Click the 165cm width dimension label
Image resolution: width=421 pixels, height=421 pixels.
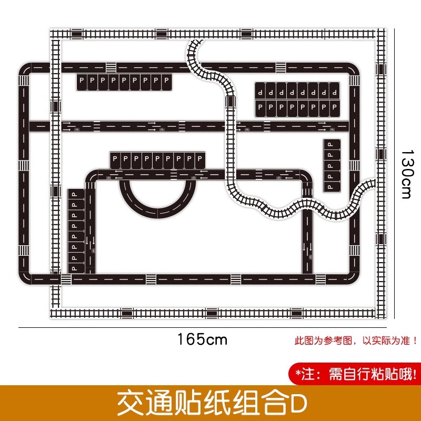tap(202, 339)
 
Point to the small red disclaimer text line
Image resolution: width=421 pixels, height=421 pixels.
tap(356, 340)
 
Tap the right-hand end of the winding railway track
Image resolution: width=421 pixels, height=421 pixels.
tap(371, 185)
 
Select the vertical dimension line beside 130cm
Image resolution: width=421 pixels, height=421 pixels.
tap(395, 174)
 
